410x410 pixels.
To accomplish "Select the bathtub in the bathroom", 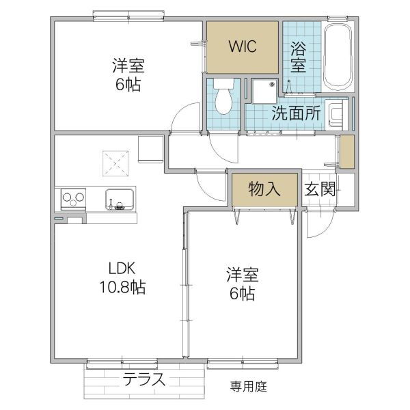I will pyautogui.click(x=336, y=57).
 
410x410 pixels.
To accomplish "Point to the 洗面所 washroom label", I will pyautogui.click(x=296, y=114).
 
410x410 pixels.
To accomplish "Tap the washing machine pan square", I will pyautogui.click(x=264, y=90).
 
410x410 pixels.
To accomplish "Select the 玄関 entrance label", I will pyautogui.click(x=319, y=189).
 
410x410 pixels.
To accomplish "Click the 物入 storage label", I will pyautogui.click(x=264, y=189).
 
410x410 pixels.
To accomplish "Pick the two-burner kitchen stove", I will pyautogui.click(x=73, y=199).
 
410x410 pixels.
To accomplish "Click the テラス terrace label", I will pyautogui.click(x=143, y=380).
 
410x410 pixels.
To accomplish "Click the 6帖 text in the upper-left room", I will pyautogui.click(x=128, y=86).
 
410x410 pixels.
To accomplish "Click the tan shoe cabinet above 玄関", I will pyautogui.click(x=347, y=152).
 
